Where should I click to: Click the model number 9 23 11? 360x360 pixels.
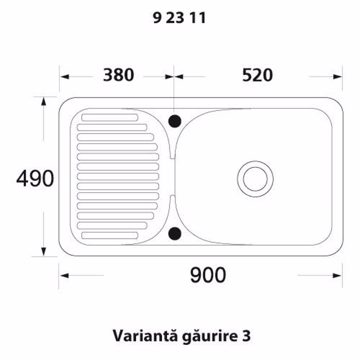click(x=180, y=18)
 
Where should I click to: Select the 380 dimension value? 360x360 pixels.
click(x=119, y=75)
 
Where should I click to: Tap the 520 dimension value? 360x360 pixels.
click(x=257, y=75)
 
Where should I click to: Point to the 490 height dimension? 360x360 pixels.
click(x=35, y=179)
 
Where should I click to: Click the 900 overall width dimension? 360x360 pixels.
click(x=208, y=275)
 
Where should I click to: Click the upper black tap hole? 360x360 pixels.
click(x=175, y=121)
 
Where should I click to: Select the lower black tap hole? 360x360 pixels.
click(x=175, y=234)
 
